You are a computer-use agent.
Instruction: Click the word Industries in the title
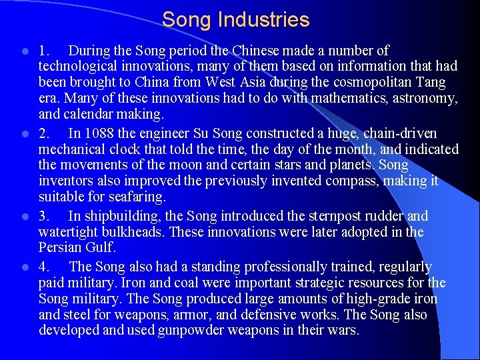click(x=267, y=20)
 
